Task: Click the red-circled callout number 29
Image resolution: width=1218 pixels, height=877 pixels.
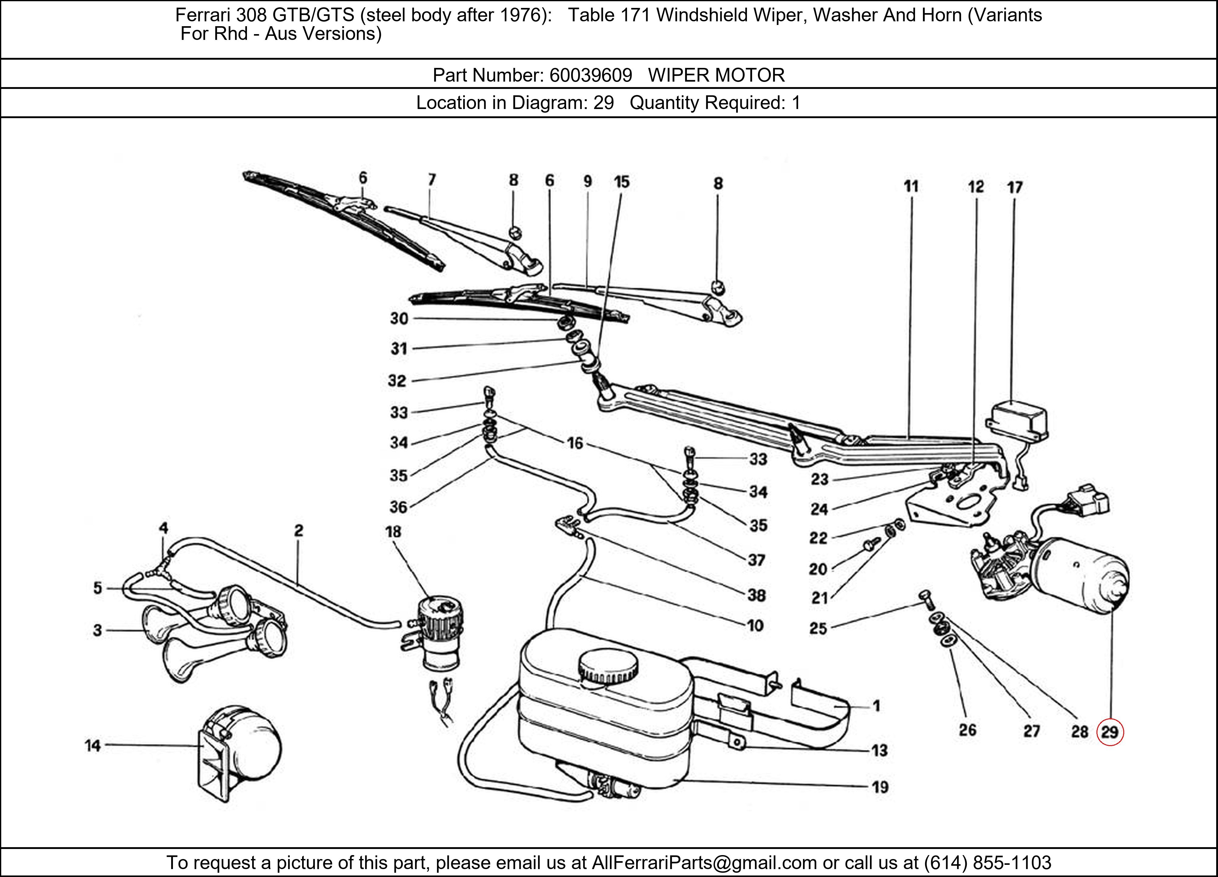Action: [1110, 732]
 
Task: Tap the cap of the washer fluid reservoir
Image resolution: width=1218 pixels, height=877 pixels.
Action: [608, 669]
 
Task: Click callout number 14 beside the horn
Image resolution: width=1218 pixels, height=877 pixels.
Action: [92, 745]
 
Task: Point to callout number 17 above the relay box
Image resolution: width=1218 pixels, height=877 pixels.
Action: [1015, 188]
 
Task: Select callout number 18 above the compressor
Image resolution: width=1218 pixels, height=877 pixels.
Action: [393, 532]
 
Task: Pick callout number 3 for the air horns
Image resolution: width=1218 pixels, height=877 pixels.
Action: [97, 630]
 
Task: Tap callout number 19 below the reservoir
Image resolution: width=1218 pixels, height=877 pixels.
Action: [880, 787]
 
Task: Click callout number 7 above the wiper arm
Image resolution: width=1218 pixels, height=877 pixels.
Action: [432, 179]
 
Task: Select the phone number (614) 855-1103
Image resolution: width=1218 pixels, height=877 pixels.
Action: [987, 862]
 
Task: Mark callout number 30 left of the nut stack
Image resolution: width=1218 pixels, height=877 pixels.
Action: [399, 319]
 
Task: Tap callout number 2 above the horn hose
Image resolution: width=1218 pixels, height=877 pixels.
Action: [299, 530]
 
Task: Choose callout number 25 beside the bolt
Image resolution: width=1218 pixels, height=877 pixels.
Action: [818, 628]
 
